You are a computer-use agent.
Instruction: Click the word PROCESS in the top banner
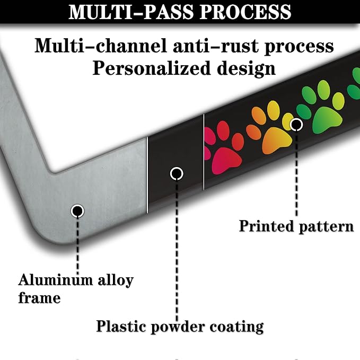point(245,12)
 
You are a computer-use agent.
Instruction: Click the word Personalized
point(152,68)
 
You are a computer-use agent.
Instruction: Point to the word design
point(247,68)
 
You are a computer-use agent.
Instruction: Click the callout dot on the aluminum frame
point(77,211)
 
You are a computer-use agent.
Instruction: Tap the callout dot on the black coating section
point(177,173)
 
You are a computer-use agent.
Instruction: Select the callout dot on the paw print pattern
point(296,125)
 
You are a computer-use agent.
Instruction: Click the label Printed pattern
point(296,226)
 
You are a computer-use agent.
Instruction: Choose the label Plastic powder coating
point(180,327)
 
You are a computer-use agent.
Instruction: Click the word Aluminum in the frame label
point(56,280)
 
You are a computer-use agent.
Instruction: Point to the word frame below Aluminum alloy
point(39,298)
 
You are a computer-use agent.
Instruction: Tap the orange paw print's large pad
point(277,141)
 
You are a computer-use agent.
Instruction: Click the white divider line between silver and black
point(147,175)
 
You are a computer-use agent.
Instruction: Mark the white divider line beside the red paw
point(204,152)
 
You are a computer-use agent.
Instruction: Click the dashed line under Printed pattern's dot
point(296,174)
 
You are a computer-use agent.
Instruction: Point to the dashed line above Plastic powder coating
point(177,251)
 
